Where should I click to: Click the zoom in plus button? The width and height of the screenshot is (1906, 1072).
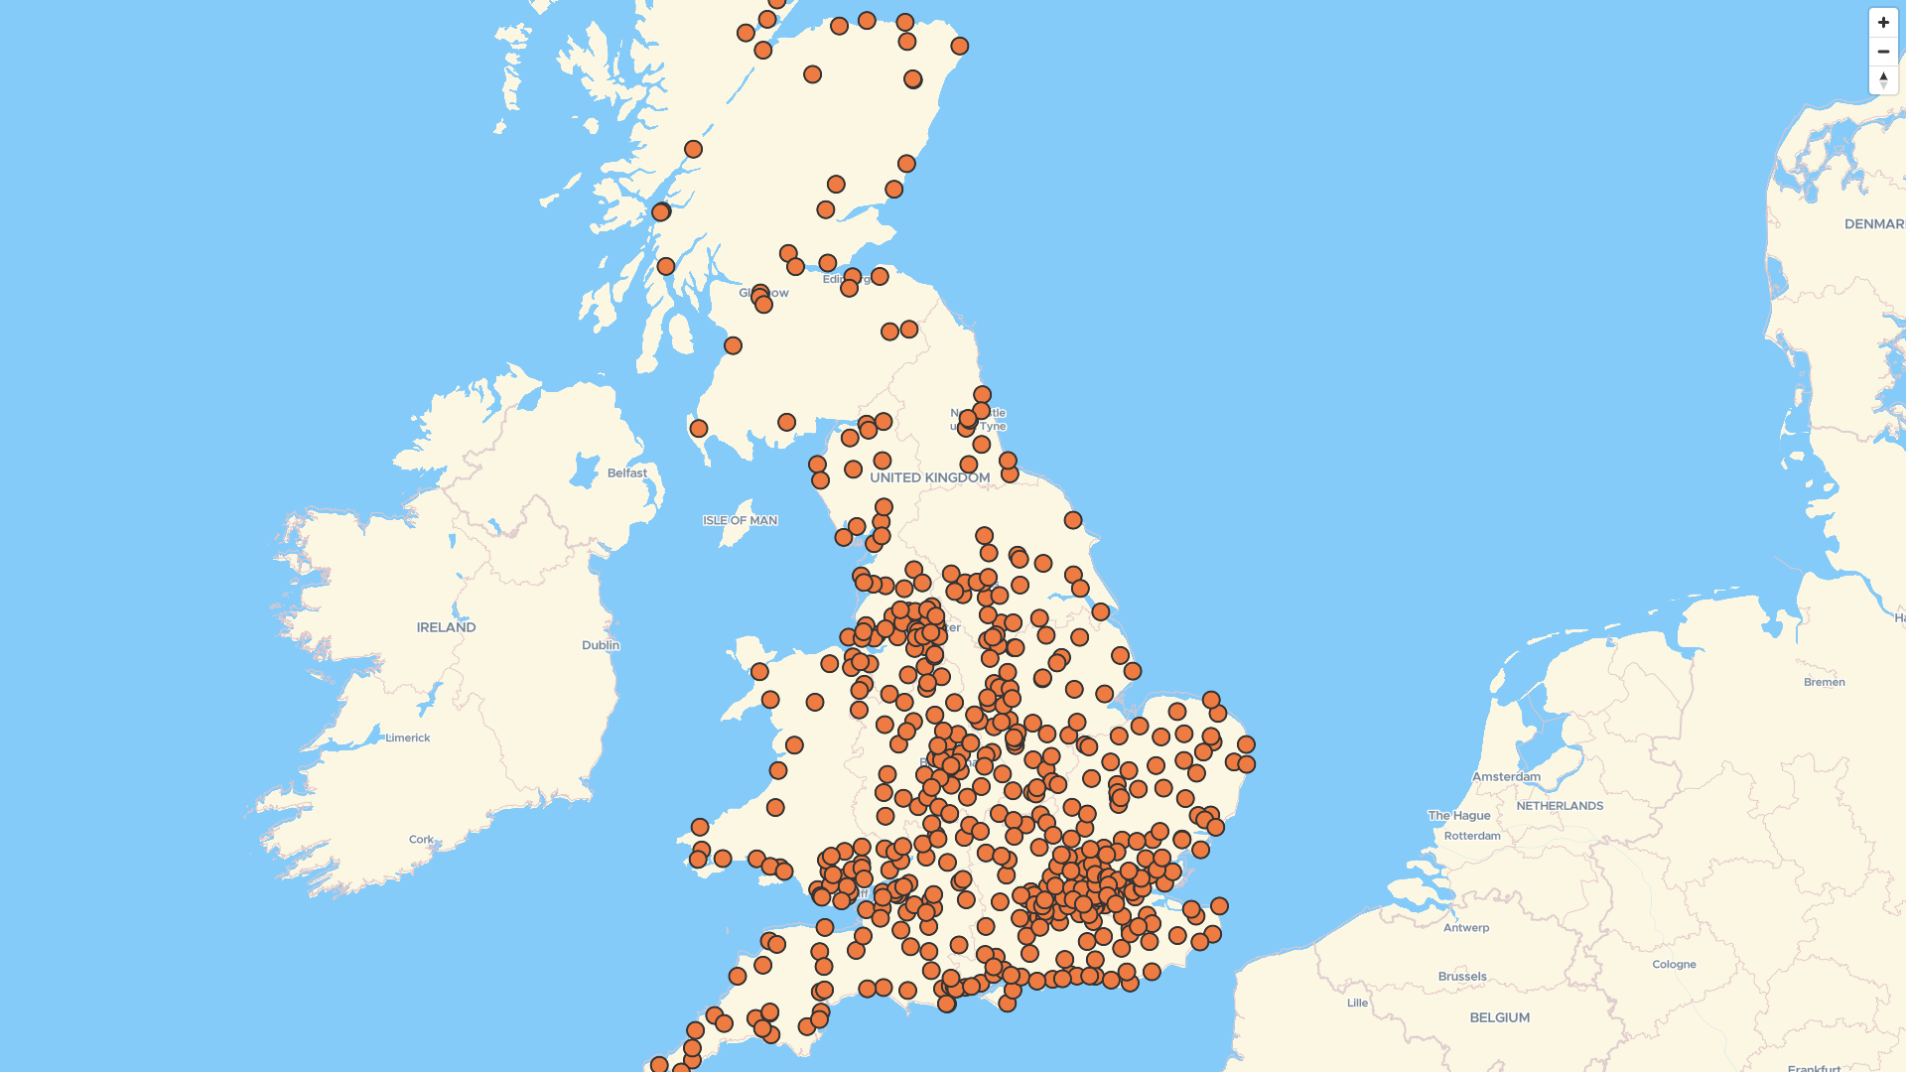point(1883,23)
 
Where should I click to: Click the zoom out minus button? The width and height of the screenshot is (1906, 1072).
point(1883,52)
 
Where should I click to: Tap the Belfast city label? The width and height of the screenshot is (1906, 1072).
point(626,473)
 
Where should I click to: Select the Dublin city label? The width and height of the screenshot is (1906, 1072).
point(601,645)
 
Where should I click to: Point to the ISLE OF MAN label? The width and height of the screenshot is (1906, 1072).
point(740,520)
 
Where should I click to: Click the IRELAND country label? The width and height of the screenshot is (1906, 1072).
point(446,627)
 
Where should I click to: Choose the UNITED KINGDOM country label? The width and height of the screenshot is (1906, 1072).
point(929,477)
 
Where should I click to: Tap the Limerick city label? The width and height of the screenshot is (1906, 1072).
point(407,737)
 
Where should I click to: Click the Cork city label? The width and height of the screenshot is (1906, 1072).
point(421,839)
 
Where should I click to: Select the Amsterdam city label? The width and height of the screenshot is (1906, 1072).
point(1506,776)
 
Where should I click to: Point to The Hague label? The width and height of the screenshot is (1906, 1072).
point(1459,815)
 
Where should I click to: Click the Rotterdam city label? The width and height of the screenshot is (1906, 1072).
point(1472,836)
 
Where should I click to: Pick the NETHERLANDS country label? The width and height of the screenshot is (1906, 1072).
point(1560,806)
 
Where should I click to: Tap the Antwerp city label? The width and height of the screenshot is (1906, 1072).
point(1466,928)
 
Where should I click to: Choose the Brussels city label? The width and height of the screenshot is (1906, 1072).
point(1462,976)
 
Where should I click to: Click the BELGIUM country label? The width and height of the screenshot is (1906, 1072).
point(1499,1017)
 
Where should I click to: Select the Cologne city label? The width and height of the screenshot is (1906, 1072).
point(1674,964)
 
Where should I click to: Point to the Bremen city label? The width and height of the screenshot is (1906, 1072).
point(1824,682)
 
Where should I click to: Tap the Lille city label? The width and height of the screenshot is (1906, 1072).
point(1357,1003)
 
